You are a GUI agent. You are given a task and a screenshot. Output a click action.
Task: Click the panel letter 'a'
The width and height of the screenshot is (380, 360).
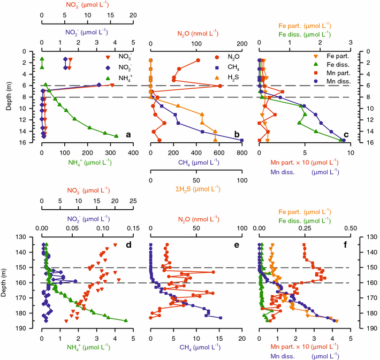tap(128, 135)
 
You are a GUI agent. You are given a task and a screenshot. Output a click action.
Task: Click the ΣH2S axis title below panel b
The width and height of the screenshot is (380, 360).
tap(196, 188)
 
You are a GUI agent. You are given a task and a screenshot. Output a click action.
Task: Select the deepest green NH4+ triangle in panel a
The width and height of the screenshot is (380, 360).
tap(117, 136)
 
